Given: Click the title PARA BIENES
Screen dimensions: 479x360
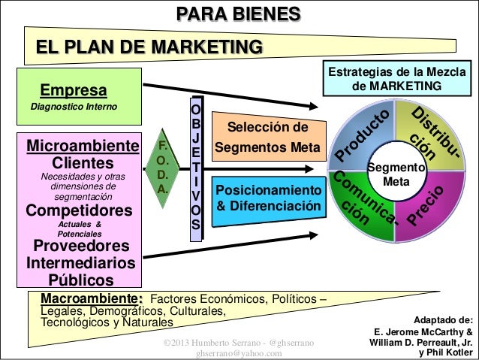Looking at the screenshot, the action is [239, 14].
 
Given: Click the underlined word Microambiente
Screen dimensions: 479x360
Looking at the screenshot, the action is [83, 145].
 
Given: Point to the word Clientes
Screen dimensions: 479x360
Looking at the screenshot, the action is [83, 162].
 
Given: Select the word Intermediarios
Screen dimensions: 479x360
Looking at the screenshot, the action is [81, 264].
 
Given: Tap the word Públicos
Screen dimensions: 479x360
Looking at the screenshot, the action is [81, 281].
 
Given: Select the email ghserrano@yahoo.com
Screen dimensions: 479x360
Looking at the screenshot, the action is [239, 353].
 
